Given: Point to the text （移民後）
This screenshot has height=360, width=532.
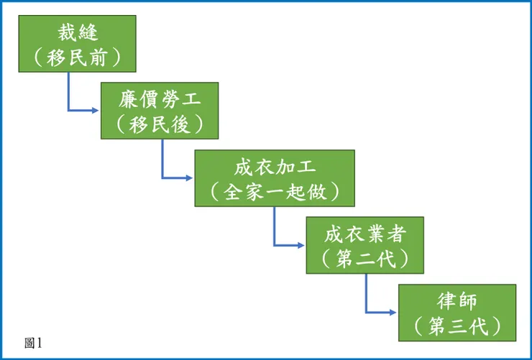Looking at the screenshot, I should point(160,124).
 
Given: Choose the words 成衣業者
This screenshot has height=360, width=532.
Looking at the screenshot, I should point(364,234).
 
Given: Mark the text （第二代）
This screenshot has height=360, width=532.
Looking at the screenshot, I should point(364,258).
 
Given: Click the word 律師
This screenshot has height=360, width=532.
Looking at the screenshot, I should point(457,301).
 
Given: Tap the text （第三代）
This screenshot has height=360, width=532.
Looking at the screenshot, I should point(457,326).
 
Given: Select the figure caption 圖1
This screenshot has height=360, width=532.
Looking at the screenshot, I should point(34,343).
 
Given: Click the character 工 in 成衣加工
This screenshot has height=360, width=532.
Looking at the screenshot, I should point(307,167).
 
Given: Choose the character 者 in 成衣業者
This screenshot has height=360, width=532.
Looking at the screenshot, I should point(396,234).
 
